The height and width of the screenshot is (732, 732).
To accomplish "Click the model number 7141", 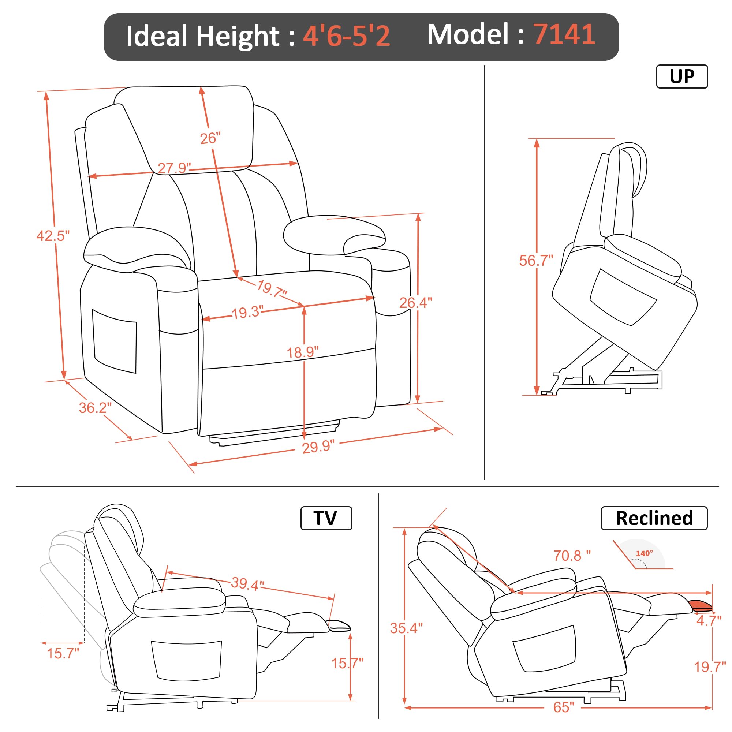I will pyautogui.click(x=564, y=34).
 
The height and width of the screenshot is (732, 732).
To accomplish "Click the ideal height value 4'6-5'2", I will pyautogui.click(x=346, y=36).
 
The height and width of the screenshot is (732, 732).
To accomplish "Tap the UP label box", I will pyautogui.click(x=681, y=76).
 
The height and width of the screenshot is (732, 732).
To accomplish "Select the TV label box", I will pyautogui.click(x=326, y=518).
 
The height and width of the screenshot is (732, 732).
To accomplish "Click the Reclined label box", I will pyautogui.click(x=654, y=518).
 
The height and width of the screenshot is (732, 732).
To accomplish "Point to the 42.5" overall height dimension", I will pyautogui.click(x=53, y=236).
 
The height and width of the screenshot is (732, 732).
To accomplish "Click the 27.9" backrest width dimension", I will pyautogui.click(x=174, y=168).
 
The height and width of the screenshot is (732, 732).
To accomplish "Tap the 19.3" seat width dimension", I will pyautogui.click(x=247, y=313).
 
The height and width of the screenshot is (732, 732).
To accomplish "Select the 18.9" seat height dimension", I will pyautogui.click(x=302, y=352).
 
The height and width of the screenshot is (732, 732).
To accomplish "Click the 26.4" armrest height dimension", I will pyautogui.click(x=416, y=302).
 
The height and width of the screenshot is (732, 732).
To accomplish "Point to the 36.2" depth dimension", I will pyautogui.click(x=95, y=408).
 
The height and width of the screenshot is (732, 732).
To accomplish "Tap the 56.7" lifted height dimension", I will pyautogui.click(x=536, y=261).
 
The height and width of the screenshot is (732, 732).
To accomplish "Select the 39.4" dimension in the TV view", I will pyautogui.click(x=247, y=584).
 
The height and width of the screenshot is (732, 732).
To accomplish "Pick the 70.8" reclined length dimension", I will pyautogui.click(x=572, y=556).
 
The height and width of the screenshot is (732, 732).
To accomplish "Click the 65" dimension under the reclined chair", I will pyautogui.click(x=563, y=707).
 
